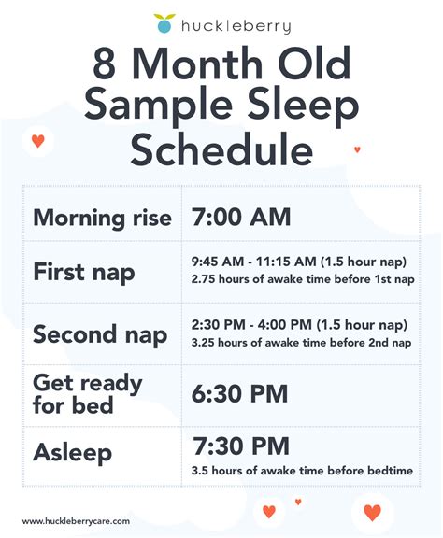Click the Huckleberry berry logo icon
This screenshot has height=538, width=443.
pyautogui.click(x=165, y=22)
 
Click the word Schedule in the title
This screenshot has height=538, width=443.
pyautogui.click(x=221, y=149)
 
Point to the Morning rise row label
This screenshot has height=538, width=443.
pyautogui.click(x=102, y=219)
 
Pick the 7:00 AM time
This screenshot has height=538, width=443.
pyautogui.click(x=241, y=218)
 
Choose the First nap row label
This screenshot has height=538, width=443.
pyautogui.click(x=83, y=273)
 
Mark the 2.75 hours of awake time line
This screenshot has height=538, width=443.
pyautogui.click(x=301, y=279)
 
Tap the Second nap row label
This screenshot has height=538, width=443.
pyautogui.click(x=100, y=333)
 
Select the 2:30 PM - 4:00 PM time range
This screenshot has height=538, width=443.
pyautogui.click(x=299, y=325)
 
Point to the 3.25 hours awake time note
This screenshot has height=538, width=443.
pyautogui.click(x=301, y=342)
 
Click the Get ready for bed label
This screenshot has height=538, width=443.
pyautogui.click(x=87, y=394)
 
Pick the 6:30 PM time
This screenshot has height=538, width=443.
pyautogui.click(x=241, y=393)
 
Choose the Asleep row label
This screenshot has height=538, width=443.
pyautogui.click(x=72, y=453)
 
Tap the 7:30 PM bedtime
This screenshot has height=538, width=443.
pyautogui.click(x=241, y=446)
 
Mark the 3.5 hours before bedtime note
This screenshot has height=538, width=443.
pyautogui.click(x=301, y=470)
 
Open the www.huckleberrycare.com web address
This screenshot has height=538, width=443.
pyautogui.click(x=76, y=521)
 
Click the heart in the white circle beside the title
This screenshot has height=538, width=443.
pyautogui.click(x=37, y=142)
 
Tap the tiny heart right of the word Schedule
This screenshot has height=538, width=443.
pyautogui.click(x=357, y=149)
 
